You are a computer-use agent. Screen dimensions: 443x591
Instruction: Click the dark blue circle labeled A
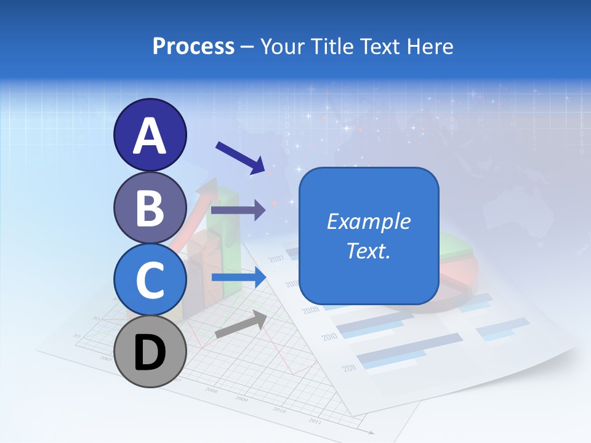(x=150, y=135)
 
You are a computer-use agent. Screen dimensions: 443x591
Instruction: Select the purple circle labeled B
(x=150, y=207)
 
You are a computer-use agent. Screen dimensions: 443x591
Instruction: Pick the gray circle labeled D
(x=150, y=351)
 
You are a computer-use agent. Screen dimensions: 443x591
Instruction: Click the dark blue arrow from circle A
(x=240, y=157)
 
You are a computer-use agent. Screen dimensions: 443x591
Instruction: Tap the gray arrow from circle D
(x=240, y=325)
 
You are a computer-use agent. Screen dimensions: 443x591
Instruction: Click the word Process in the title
(x=193, y=46)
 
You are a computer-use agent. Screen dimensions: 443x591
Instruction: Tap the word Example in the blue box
(x=368, y=221)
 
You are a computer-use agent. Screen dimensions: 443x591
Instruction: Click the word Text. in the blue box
(x=368, y=250)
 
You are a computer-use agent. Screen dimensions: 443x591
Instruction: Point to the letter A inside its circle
(x=150, y=136)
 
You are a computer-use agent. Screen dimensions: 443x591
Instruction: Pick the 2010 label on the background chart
(x=329, y=337)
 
